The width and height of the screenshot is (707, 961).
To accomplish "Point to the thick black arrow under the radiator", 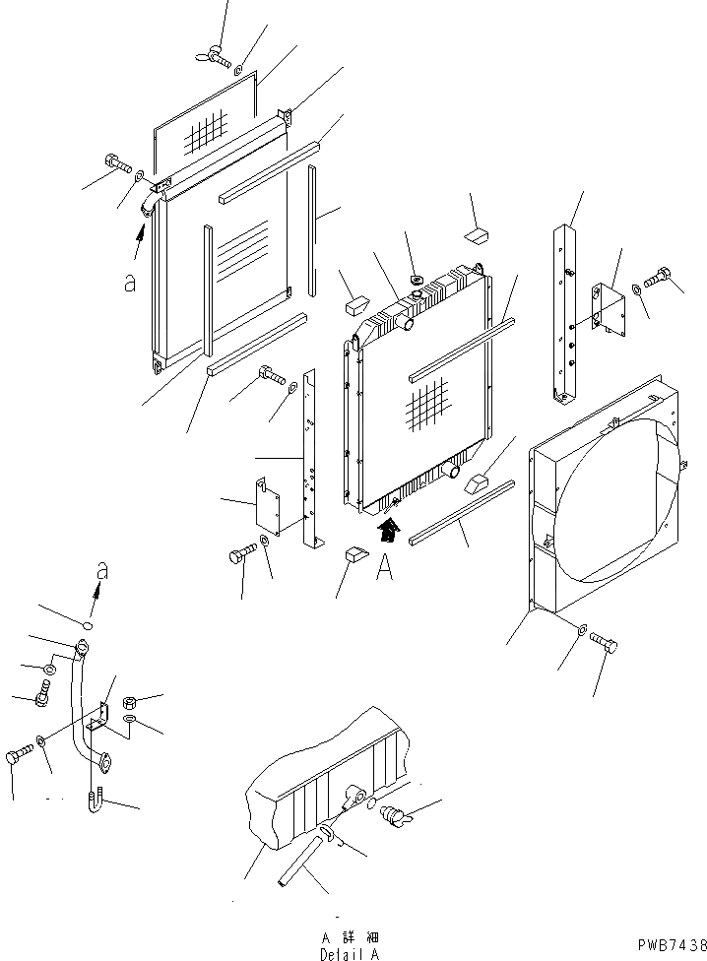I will click(389, 531).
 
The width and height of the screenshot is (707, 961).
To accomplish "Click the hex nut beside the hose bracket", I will click(129, 704).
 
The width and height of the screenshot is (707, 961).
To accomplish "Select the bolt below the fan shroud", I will click(605, 645).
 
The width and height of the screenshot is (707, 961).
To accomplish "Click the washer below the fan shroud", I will click(582, 627).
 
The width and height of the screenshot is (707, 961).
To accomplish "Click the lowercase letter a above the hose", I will click(100, 572).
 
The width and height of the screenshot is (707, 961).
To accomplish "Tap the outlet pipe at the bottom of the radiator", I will click(452, 472).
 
